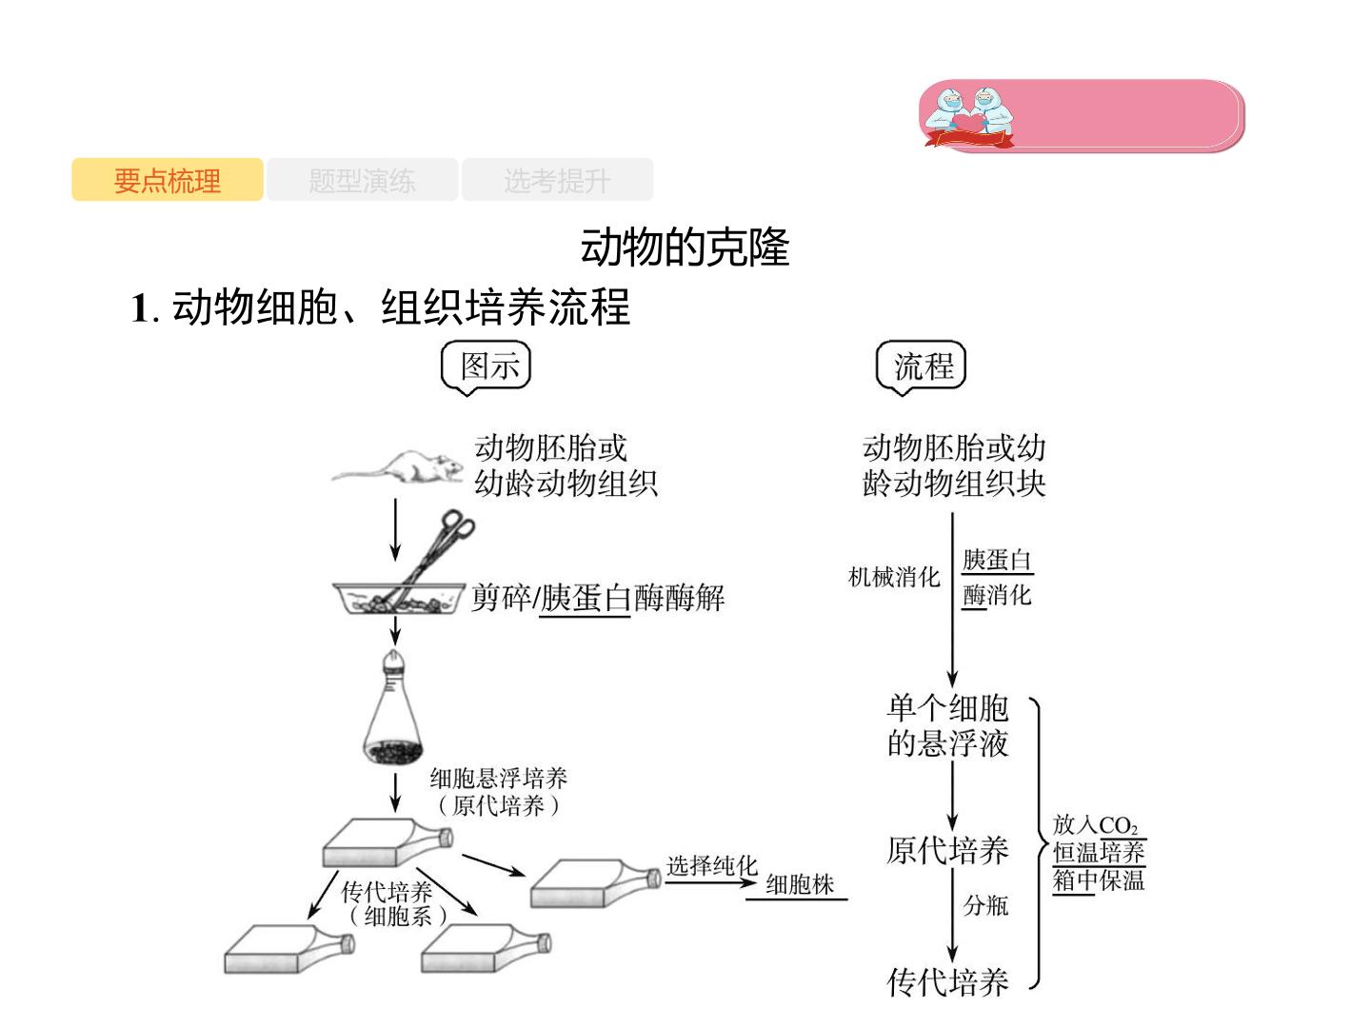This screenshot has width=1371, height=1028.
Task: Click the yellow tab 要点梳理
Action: (167, 180)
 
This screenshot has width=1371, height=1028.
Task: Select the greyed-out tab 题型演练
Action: (363, 180)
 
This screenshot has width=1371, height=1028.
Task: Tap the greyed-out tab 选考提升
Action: (557, 180)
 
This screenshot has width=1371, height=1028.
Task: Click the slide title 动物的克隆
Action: (685, 247)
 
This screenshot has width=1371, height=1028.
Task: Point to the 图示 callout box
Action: (486, 366)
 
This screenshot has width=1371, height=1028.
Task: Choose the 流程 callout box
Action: (922, 366)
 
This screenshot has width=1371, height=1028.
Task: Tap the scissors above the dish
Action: (431, 557)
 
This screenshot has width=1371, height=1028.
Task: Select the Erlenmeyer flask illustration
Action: (393, 708)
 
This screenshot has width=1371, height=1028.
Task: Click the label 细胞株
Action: (800, 884)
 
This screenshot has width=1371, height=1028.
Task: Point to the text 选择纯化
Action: (711, 866)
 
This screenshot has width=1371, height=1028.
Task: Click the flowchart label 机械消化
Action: (894, 578)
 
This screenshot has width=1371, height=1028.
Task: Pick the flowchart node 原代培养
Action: (947, 850)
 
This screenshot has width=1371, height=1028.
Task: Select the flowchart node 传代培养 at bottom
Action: (947, 981)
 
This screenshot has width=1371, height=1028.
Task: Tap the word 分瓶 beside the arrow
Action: (985, 905)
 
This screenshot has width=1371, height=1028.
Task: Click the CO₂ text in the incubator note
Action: (1118, 826)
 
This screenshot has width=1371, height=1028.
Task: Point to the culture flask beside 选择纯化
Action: (595, 883)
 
